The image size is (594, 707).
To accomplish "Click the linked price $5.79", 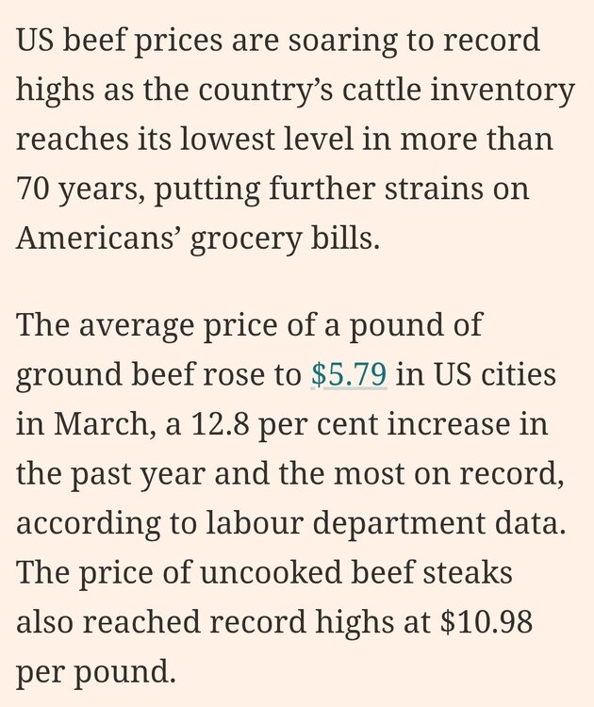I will pos(349,375).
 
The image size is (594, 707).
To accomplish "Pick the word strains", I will pos(436,189).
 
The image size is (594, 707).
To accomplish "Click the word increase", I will pos(454,423).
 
